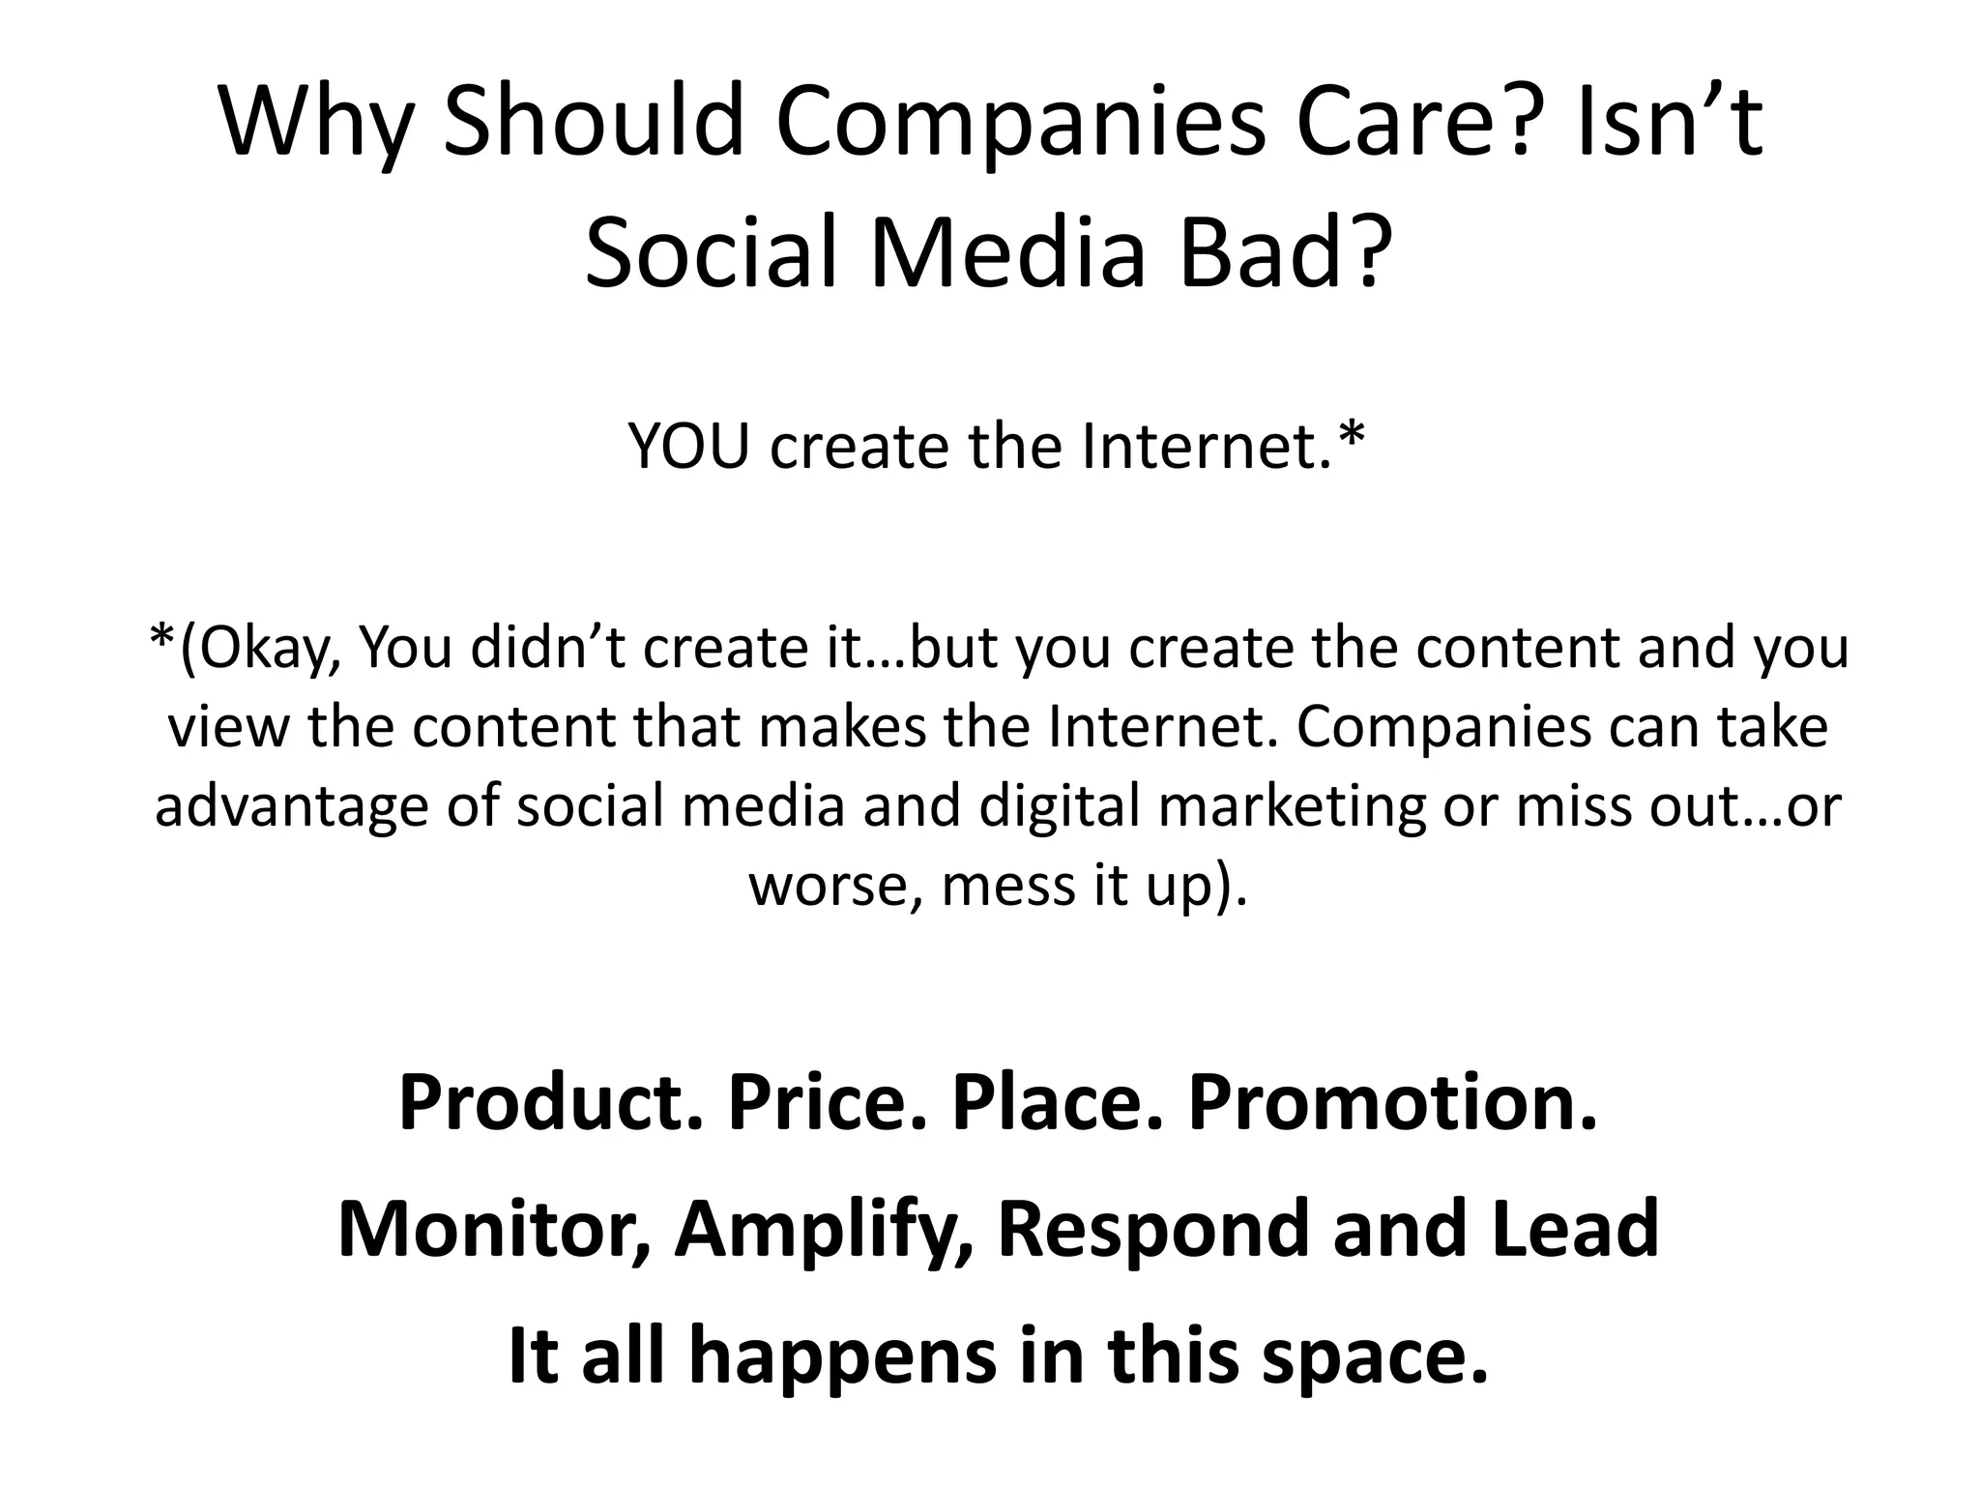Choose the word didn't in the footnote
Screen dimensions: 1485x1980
click(x=551, y=648)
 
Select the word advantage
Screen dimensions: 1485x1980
click(x=291, y=808)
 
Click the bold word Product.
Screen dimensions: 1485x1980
click(x=550, y=1103)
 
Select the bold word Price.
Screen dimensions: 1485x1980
click(x=826, y=1103)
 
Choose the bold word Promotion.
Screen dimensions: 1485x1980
click(x=1392, y=1103)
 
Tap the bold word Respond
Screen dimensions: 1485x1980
click(x=1155, y=1230)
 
